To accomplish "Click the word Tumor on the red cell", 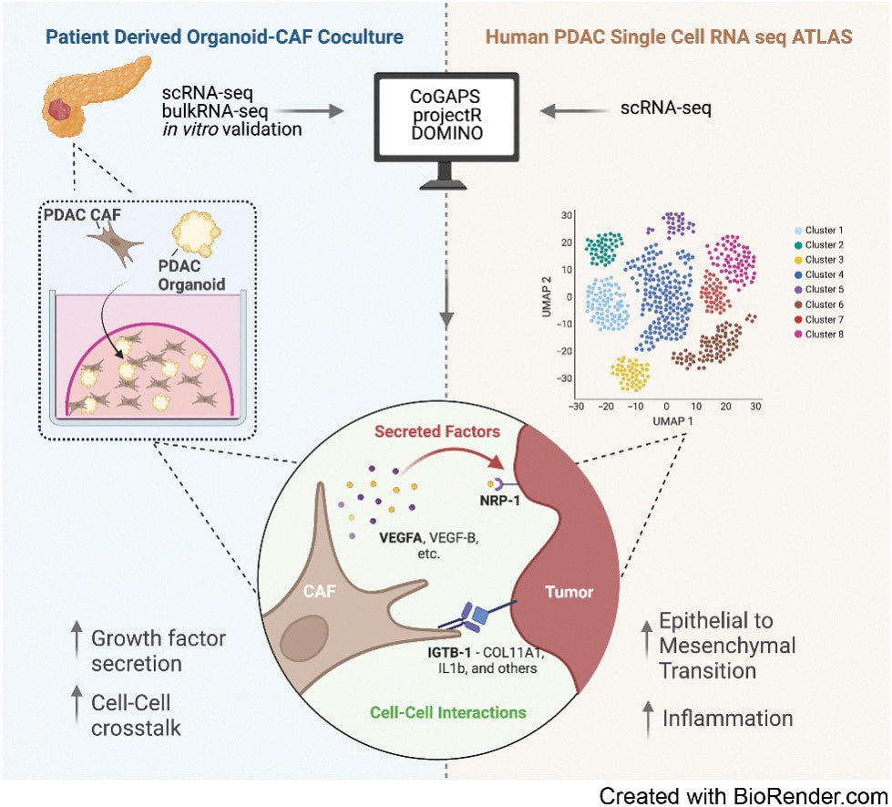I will tap(569, 593).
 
